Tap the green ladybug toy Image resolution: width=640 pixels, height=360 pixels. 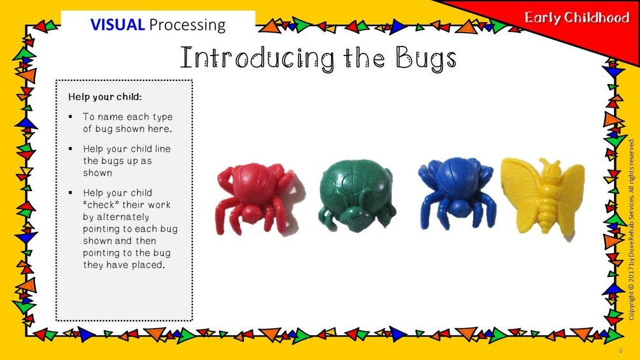(x=357, y=196)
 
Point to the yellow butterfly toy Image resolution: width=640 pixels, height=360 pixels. (x=543, y=196)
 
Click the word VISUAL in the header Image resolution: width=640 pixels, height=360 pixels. (x=118, y=24)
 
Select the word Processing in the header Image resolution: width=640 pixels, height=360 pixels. (x=187, y=25)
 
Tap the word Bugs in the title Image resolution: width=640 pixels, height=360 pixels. (x=425, y=59)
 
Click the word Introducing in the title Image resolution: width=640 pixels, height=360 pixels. (x=257, y=59)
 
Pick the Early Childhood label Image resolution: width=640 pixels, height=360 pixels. (x=577, y=18)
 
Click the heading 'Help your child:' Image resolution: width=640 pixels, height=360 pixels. (x=105, y=97)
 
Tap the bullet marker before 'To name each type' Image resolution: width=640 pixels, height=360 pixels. (x=71, y=117)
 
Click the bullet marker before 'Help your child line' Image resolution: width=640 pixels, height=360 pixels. (x=71, y=149)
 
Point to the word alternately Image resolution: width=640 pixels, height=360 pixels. (x=116, y=217)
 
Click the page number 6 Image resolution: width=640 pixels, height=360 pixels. (x=622, y=350)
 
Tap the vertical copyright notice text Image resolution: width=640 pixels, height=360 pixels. (x=632, y=229)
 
